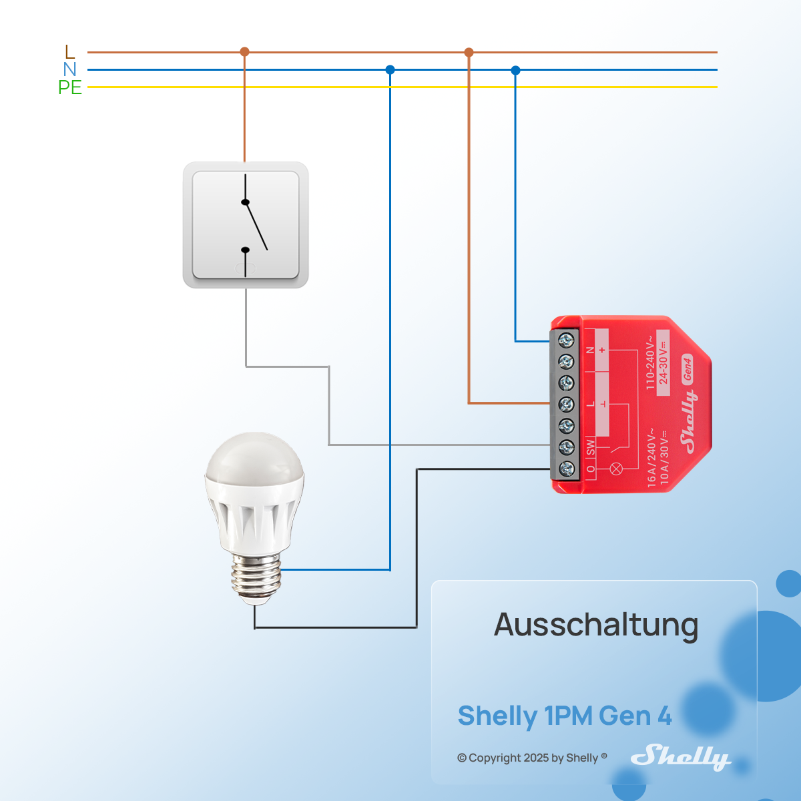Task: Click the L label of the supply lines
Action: coord(70,51)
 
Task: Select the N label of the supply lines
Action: coord(70,69)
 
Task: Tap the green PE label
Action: coord(70,87)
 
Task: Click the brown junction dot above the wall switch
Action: coord(244,51)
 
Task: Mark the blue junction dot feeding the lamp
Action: coord(390,69)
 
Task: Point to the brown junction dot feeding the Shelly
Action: coord(469,52)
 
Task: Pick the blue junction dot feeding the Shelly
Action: coord(515,70)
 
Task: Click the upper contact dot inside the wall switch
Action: coord(245,202)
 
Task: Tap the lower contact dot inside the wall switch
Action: coord(245,250)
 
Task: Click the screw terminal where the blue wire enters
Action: coord(566,340)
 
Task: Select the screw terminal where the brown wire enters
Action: coord(566,404)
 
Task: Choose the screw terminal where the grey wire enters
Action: coord(566,446)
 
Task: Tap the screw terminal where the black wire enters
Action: coord(566,468)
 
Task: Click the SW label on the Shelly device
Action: coord(591,448)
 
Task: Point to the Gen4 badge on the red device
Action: coord(688,368)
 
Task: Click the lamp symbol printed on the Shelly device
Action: coord(617,469)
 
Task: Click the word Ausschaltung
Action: coord(596,625)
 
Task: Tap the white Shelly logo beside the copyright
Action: coord(680,757)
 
